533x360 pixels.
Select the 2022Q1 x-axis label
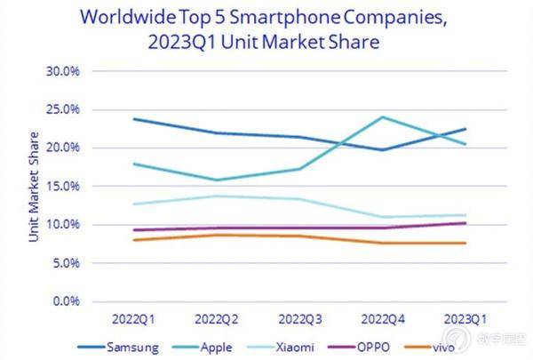pyautogui.click(x=131, y=317)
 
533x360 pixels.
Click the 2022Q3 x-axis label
pyautogui.click(x=299, y=317)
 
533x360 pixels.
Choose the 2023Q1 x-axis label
pyautogui.click(x=466, y=317)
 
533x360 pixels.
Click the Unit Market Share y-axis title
pyautogui.click(x=34, y=188)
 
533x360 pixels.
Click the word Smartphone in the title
pyautogui.click(x=273, y=15)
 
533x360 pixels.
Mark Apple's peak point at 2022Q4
pyautogui.click(x=383, y=116)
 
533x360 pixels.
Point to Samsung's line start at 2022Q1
pyautogui.click(x=132, y=119)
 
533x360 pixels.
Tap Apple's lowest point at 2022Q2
pyautogui.click(x=216, y=180)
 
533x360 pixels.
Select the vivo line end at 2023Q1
pyautogui.click(x=466, y=243)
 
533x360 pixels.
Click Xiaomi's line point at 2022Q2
pyautogui.click(x=216, y=196)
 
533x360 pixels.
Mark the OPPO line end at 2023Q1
pyautogui.click(x=466, y=223)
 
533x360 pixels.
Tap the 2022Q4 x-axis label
pyautogui.click(x=383, y=317)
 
